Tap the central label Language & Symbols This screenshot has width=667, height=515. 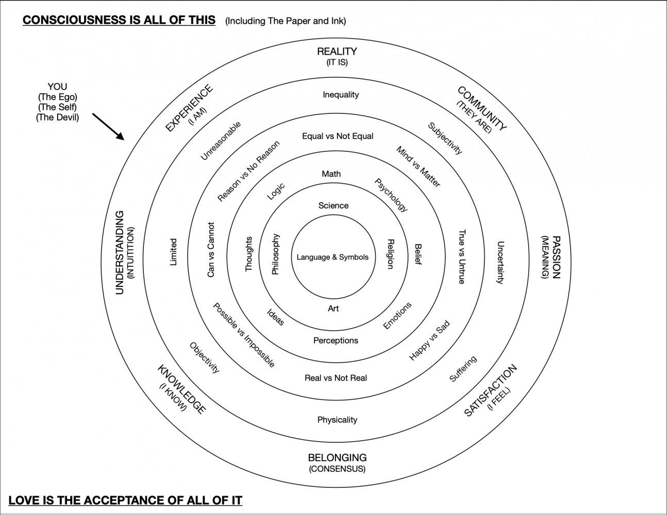click(332, 257)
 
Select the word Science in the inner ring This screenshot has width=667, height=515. click(333, 205)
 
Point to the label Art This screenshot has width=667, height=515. click(333, 308)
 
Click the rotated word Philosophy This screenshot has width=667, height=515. click(276, 254)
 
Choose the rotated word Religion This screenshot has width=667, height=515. click(390, 254)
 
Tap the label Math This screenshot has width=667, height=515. click(331, 174)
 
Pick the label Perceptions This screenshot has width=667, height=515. click(336, 340)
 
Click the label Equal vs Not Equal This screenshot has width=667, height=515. click(338, 136)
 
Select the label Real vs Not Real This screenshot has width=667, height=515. click(336, 378)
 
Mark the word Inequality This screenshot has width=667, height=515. click(341, 95)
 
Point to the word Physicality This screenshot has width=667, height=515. click(337, 420)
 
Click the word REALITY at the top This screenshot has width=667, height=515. click(337, 51)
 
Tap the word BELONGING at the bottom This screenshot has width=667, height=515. click(337, 457)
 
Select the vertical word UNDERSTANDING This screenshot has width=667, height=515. click(120, 252)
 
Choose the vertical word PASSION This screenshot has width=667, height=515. click(556, 257)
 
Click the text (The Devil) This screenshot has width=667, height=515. click(57, 117)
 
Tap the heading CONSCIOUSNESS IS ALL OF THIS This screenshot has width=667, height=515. click(119, 20)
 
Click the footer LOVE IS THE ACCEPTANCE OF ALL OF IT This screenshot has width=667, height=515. click(125, 500)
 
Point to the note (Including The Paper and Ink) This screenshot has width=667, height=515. click(286, 21)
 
